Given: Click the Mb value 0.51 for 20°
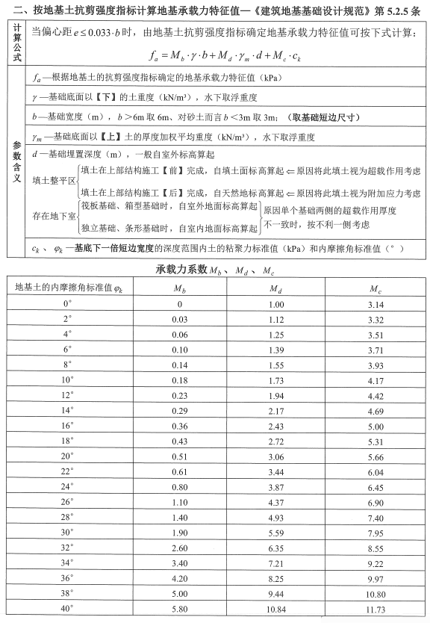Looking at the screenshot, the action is [x=180, y=456].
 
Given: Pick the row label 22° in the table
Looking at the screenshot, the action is [x=67, y=472].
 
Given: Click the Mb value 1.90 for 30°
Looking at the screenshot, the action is [x=180, y=533].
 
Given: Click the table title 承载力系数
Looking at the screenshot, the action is [x=181, y=269].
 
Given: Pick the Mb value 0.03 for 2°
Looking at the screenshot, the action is [x=180, y=319].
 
